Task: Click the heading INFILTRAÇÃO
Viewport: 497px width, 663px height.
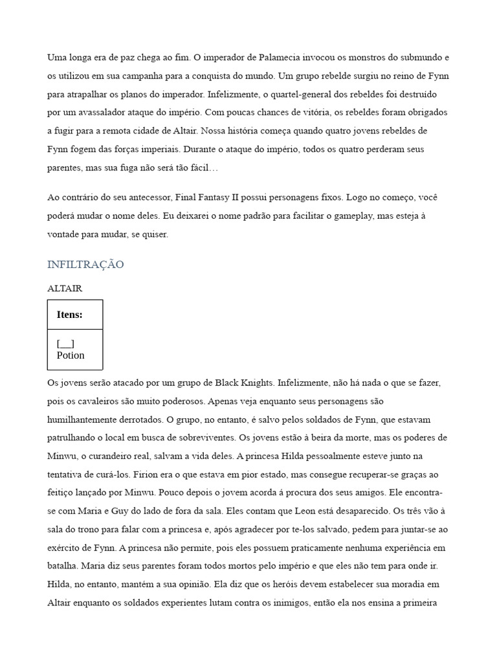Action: click(85, 265)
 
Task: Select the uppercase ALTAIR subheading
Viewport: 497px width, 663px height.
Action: click(65, 289)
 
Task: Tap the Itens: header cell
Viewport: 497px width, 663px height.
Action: click(70, 315)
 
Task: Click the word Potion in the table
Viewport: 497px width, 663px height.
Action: click(71, 355)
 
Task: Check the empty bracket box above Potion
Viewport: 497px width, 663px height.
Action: click(65, 344)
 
